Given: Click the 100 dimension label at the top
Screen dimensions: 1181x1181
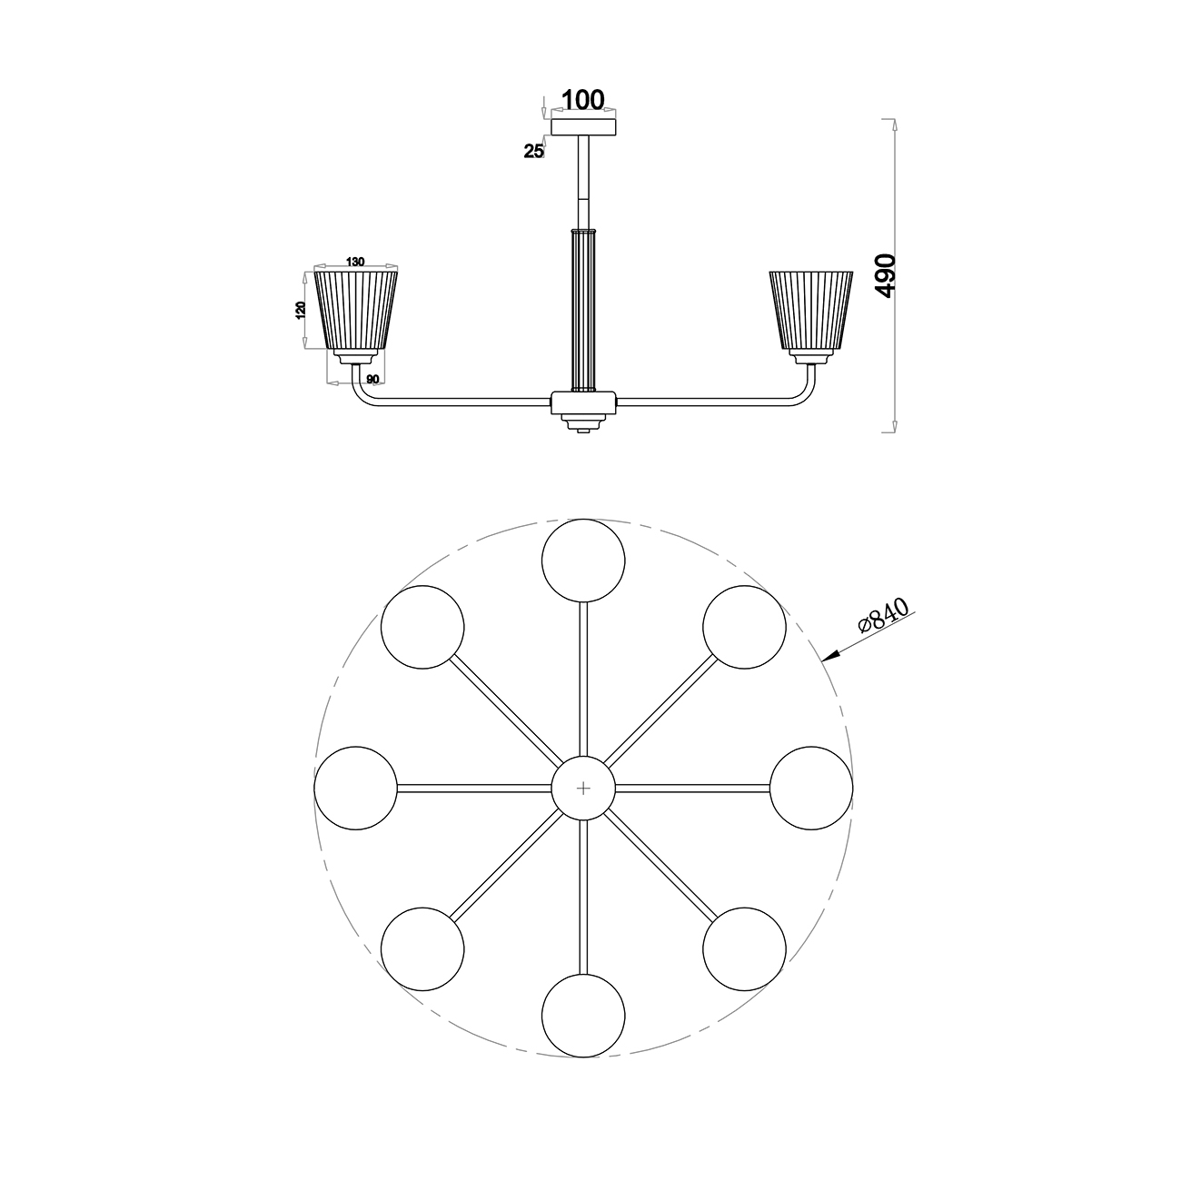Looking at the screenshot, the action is tap(583, 99).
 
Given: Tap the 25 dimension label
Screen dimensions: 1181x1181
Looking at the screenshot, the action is tap(534, 151).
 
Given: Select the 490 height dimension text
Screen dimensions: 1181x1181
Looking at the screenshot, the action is tap(887, 276).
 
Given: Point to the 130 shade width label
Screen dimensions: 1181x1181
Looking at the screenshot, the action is tap(355, 262).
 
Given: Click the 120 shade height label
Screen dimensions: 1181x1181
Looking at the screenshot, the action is tap(301, 310).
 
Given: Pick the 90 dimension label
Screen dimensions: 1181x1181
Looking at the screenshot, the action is tap(372, 380).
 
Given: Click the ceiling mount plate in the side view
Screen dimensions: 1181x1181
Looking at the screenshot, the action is tap(583, 127).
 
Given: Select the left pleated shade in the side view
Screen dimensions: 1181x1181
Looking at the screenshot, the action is tap(355, 310).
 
